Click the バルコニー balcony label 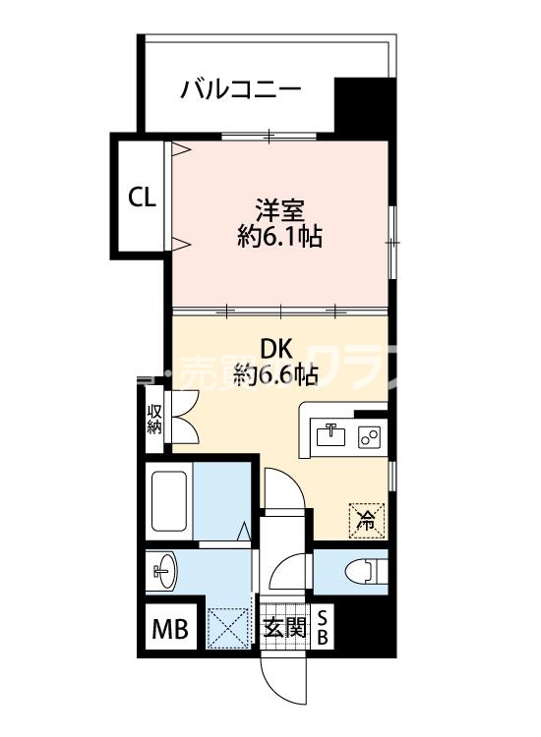[241, 90]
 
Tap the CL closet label [142, 198]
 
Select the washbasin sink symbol [163, 571]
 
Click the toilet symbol [359, 570]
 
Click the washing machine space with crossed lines [228, 627]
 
